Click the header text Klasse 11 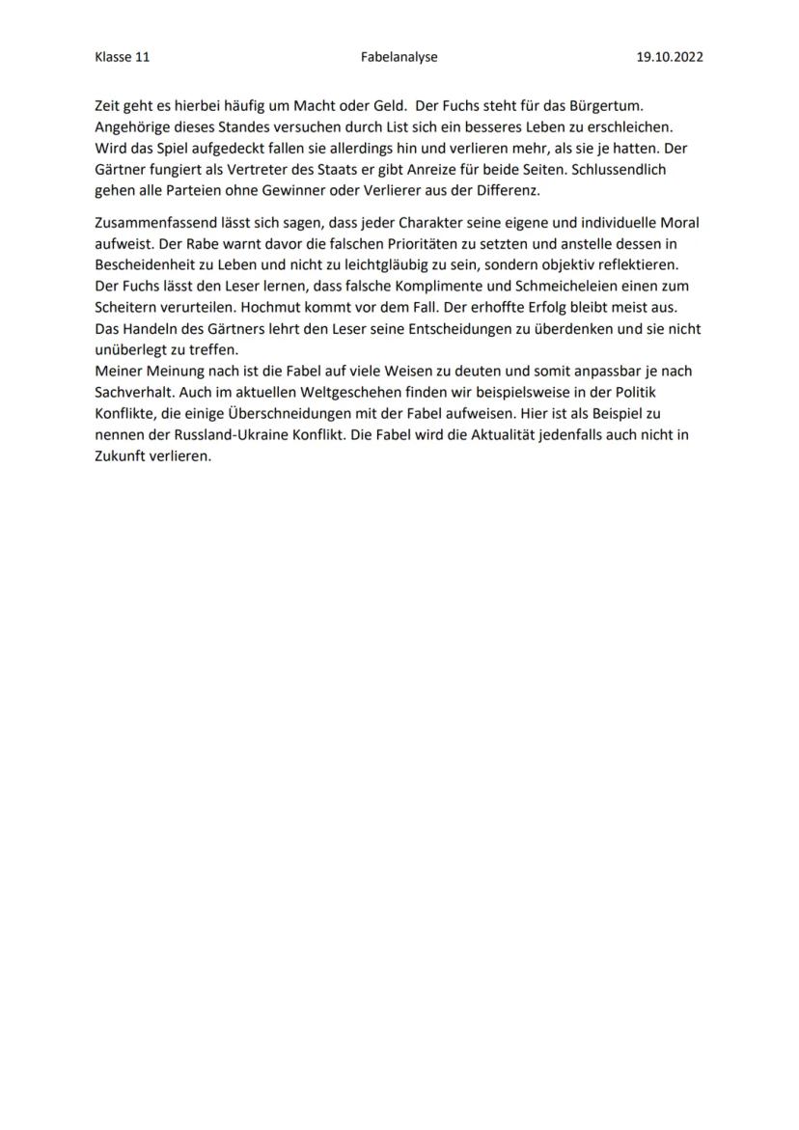(x=123, y=57)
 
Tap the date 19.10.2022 (x=670, y=57)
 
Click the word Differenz (x=506, y=190)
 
